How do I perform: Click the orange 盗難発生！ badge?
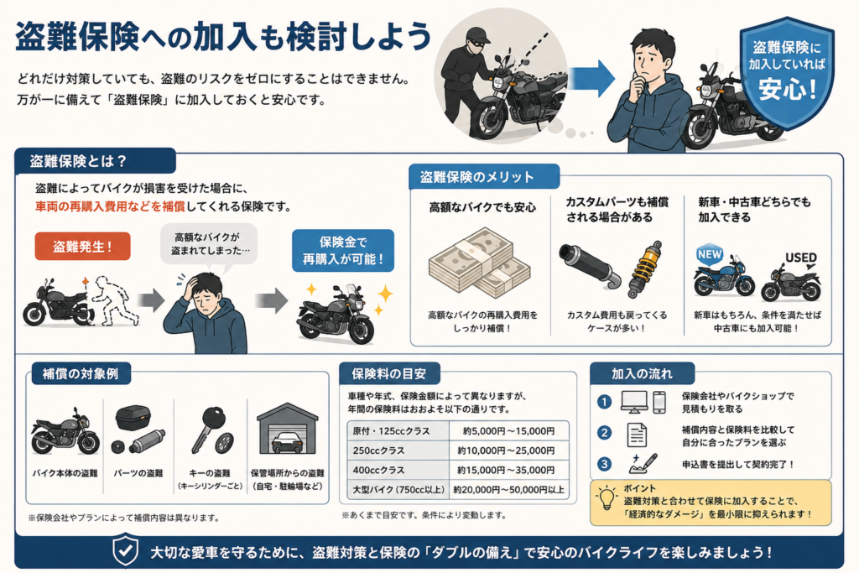[82, 246]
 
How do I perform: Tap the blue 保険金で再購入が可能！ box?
[343, 250]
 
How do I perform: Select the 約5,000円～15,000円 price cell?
[508, 431]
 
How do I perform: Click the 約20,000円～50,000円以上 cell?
[508, 490]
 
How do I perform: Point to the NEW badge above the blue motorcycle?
[710, 254]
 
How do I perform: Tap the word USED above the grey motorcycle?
[801, 258]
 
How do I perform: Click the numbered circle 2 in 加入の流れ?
[604, 433]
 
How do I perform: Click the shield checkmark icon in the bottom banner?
[125, 550]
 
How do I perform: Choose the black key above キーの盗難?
[207, 429]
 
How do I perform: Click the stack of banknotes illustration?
[479, 263]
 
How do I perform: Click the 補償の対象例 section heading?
[80, 374]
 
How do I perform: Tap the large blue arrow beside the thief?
[591, 78]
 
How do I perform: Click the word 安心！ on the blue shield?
[788, 89]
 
